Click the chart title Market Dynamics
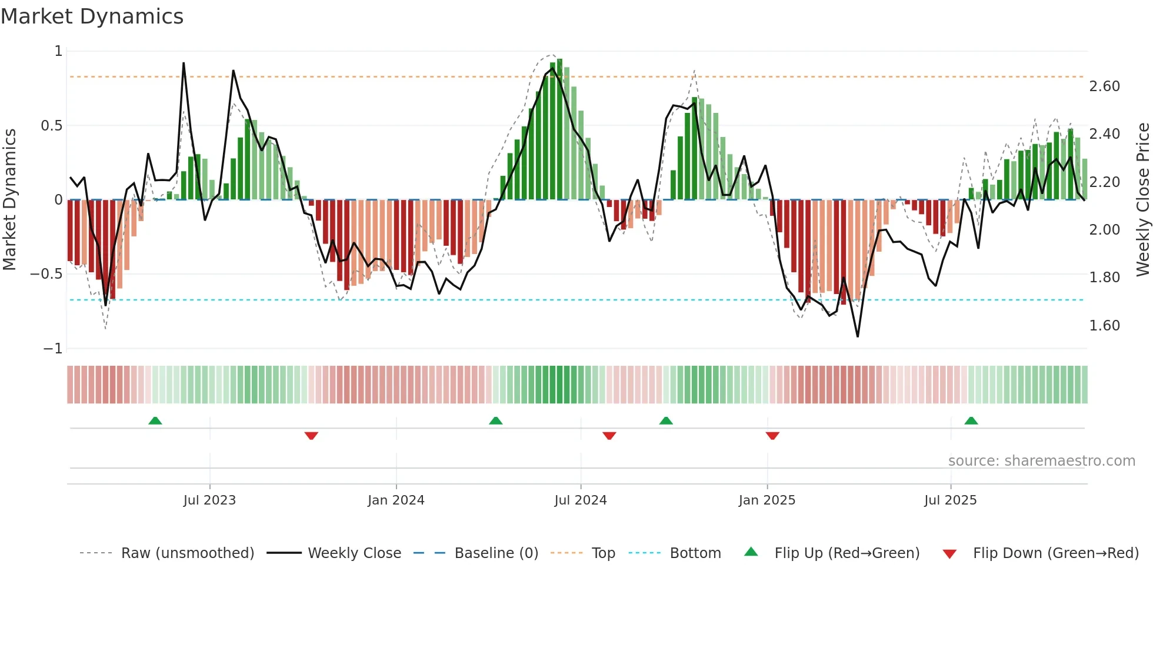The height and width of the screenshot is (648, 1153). point(92,16)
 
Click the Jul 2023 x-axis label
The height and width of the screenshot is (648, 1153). point(209,500)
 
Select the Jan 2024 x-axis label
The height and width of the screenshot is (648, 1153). point(396,500)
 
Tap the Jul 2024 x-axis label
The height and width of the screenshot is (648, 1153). point(581,500)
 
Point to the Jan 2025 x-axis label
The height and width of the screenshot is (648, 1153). point(767,500)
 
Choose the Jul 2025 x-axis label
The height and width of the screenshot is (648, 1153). point(951,500)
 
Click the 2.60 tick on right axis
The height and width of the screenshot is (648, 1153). point(1105,86)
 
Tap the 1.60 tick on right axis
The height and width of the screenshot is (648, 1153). point(1105,326)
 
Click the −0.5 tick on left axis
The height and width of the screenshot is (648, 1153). point(46,274)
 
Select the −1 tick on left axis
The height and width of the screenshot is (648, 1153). point(53,349)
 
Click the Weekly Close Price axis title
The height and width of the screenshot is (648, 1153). point(1142,200)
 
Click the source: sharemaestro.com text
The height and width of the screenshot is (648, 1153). point(1042,461)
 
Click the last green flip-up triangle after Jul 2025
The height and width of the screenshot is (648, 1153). point(971,421)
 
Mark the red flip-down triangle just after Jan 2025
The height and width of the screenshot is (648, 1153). point(772,436)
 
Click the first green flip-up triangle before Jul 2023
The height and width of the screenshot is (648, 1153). point(155,421)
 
